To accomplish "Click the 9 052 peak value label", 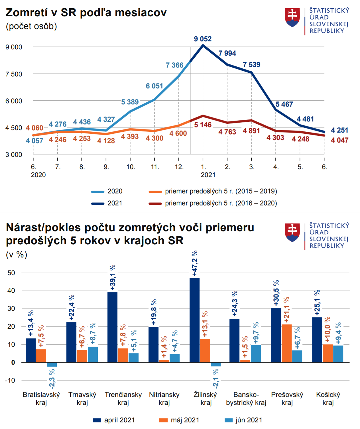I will [203, 39].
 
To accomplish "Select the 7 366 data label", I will [174, 65].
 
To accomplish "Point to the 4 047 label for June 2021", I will [339, 140].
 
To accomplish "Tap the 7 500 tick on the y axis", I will [14, 74].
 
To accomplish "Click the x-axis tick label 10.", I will [131, 167].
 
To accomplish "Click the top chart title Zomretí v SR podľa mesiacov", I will [86, 13].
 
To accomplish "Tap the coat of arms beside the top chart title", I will [292, 18].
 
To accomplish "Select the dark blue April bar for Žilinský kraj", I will [194, 320].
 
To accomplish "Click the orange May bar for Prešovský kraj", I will [286, 343].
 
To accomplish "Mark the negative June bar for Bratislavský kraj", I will [52, 365].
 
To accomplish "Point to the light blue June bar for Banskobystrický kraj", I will [256, 353].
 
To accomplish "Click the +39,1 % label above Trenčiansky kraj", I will [113, 278].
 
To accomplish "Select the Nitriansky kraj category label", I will [164, 398].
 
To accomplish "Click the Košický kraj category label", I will [328, 398].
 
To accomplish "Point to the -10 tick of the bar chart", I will [10, 381].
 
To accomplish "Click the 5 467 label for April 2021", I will [284, 104].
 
